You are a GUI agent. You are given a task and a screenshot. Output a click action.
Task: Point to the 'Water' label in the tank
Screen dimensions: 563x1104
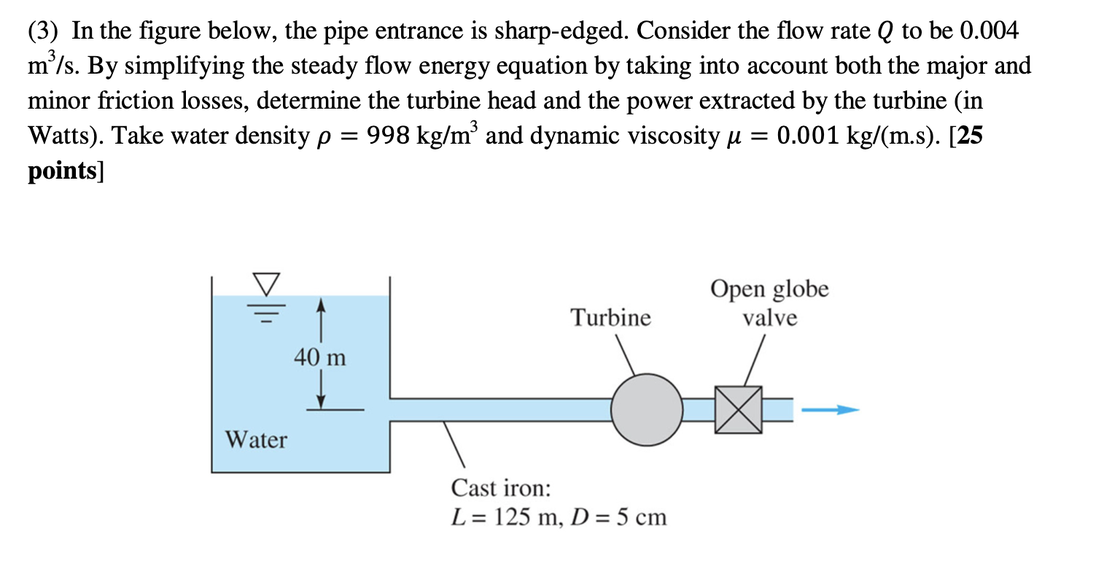[x=256, y=440]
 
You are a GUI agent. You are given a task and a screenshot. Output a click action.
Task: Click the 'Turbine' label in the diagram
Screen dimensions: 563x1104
[x=610, y=318]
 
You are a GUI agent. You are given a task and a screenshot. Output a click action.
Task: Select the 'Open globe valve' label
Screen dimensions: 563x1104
[x=770, y=303]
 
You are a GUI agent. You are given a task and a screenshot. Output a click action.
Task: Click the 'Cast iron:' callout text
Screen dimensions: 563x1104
[x=501, y=487]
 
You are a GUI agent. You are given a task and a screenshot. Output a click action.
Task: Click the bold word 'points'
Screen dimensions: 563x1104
[x=63, y=171]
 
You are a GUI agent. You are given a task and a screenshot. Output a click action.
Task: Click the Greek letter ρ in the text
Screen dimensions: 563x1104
[x=321, y=138]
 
